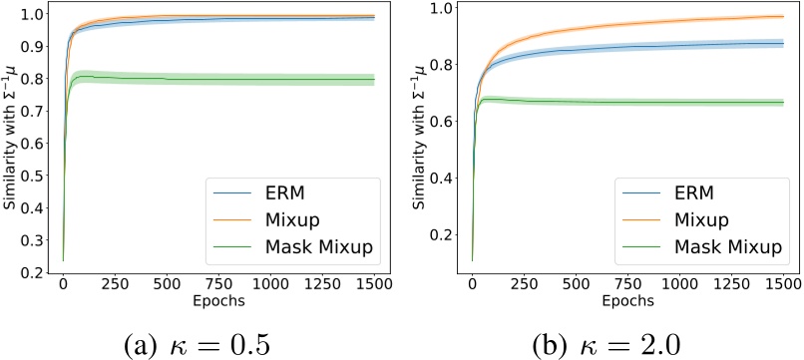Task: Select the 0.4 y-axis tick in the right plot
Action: tap(439, 180)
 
